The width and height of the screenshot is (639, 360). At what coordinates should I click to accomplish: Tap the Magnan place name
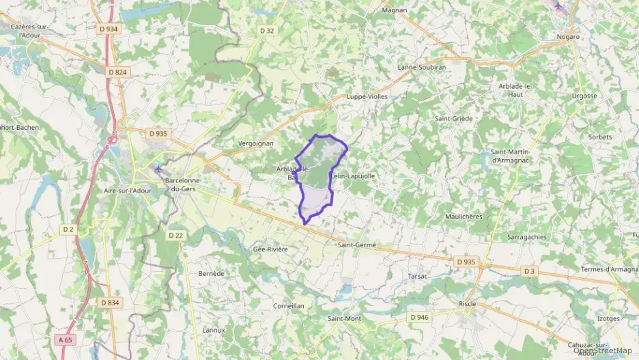click(x=394, y=10)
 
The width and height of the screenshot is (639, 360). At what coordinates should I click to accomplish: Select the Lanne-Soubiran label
click(x=421, y=68)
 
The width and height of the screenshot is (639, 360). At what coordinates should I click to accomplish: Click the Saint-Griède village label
click(x=453, y=118)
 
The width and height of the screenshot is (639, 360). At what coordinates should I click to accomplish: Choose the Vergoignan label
click(x=256, y=143)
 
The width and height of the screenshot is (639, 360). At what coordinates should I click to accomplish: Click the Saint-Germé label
click(x=356, y=245)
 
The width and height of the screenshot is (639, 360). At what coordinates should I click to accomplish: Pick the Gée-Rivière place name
click(x=270, y=249)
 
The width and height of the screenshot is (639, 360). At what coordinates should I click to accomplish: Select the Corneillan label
click(x=288, y=306)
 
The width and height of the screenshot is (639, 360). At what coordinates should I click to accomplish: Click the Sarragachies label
click(x=526, y=237)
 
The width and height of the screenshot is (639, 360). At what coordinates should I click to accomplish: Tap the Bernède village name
click(x=211, y=273)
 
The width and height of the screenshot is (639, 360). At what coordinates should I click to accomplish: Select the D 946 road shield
click(x=419, y=317)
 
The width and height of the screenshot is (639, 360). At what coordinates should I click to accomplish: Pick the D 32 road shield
click(x=267, y=30)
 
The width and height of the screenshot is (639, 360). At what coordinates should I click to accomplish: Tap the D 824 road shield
click(x=117, y=72)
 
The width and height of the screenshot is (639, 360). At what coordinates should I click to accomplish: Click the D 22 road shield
click(x=176, y=235)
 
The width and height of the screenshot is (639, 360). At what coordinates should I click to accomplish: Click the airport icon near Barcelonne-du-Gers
click(x=159, y=168)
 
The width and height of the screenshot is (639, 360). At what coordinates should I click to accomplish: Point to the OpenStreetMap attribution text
click(x=602, y=351)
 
